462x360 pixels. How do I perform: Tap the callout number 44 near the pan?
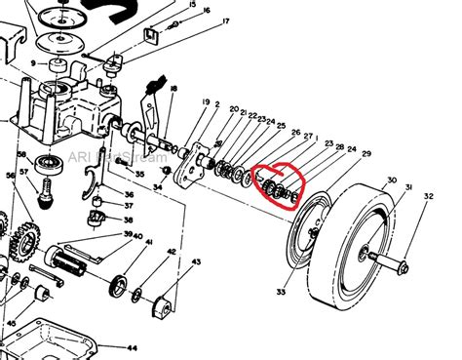133,347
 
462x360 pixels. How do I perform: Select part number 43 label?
196,260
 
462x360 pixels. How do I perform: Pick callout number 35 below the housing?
138,176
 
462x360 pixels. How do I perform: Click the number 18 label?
173,89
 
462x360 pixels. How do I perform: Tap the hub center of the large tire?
364,255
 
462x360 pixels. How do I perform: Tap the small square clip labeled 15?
151,38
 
